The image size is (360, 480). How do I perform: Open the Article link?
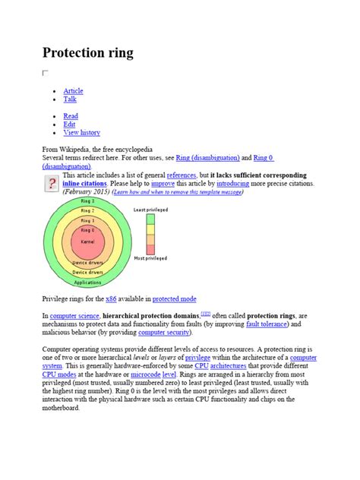(x=73, y=91)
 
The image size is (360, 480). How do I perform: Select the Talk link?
(x=70, y=99)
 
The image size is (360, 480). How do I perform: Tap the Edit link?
(x=70, y=124)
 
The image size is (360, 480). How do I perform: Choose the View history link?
(x=81, y=132)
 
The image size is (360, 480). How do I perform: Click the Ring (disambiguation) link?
(x=207, y=157)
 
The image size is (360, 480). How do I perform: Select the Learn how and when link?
(x=178, y=192)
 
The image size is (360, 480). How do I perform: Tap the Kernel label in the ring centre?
(x=87, y=241)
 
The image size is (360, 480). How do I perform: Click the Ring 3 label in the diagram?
(x=87, y=201)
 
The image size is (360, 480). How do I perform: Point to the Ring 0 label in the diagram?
(x=87, y=229)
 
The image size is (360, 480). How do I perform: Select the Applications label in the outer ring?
(x=87, y=282)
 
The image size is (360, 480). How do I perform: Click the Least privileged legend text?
(x=151, y=209)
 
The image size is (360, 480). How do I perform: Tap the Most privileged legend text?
(x=150, y=259)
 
